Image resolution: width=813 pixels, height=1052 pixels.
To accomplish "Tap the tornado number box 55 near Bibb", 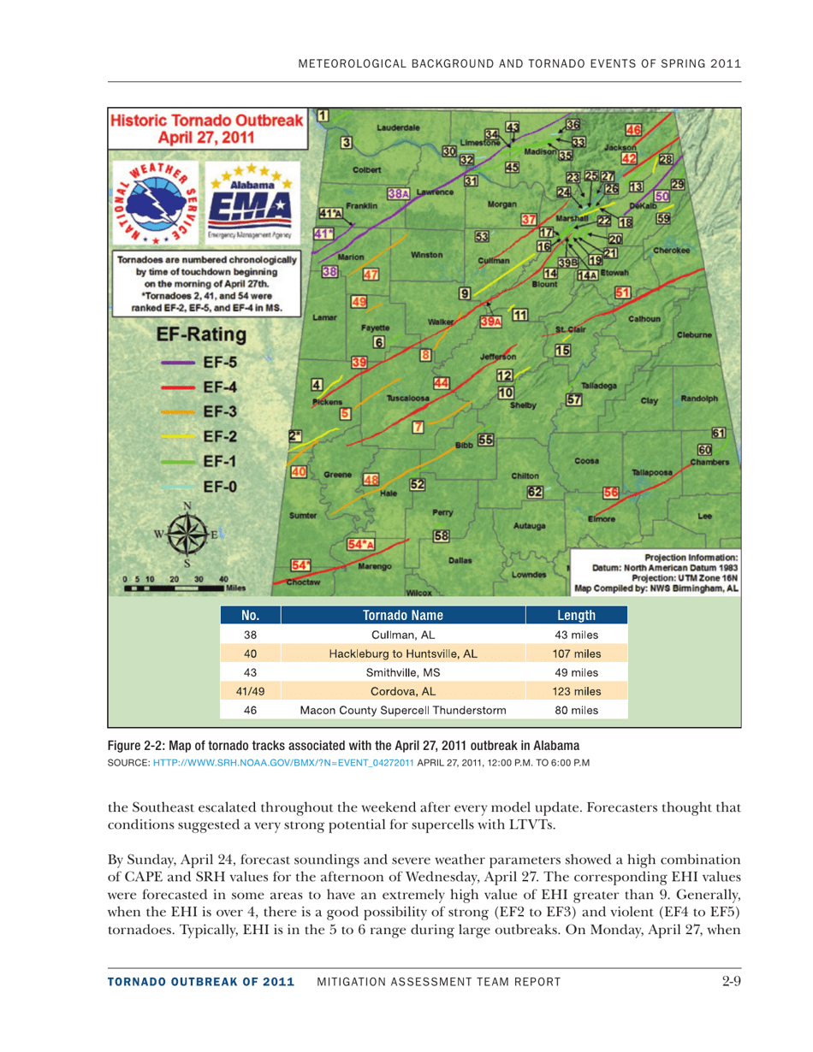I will (x=485, y=440).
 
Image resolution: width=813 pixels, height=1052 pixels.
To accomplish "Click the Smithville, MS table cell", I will (x=402, y=672).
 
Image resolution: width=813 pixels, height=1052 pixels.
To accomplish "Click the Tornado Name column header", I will (x=402, y=616).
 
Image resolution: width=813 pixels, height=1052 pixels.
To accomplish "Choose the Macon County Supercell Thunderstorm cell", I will (x=402, y=709).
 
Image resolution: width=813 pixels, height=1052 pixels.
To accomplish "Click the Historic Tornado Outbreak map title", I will (x=206, y=128).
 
